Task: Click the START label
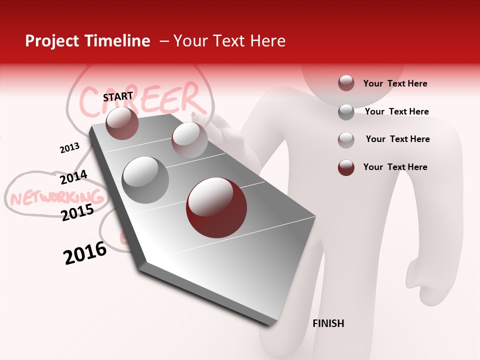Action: (118, 96)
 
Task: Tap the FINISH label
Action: (328, 323)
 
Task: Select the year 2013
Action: (69, 147)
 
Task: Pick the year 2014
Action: (73, 177)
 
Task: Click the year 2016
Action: (85, 253)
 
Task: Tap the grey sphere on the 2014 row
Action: (145, 179)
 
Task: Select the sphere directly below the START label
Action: (122, 123)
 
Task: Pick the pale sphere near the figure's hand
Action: (189, 139)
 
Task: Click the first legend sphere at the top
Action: (346, 83)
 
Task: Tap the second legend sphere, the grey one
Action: (346, 112)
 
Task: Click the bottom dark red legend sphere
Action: (346, 167)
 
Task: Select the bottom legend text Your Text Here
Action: (395, 167)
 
